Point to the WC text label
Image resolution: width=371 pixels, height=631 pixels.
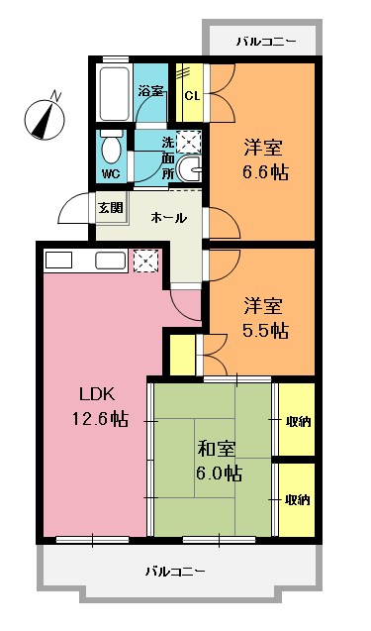111,175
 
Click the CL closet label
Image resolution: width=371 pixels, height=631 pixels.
193,95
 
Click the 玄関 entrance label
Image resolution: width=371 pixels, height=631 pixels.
110,208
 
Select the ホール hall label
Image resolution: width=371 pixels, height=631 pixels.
168,217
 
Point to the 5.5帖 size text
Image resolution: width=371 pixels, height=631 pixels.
264,331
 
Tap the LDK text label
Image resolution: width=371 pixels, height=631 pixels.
85,393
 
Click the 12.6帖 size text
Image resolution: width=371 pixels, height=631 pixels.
91,418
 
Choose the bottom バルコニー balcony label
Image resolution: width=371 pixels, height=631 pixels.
174,572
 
